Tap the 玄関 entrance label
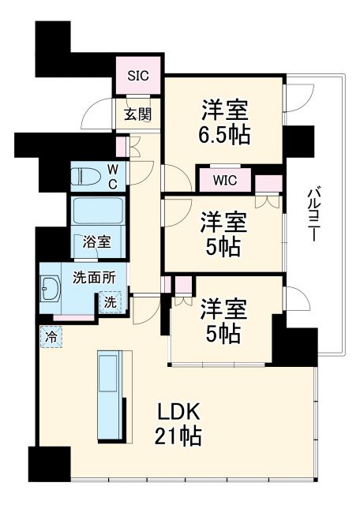pos(139,114)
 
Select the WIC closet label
pos(224,180)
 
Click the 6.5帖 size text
pos(224,135)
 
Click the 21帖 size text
pos(178,435)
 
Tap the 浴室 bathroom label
pos(93,243)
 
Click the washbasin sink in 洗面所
pos(51,293)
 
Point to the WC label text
pos(114,176)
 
